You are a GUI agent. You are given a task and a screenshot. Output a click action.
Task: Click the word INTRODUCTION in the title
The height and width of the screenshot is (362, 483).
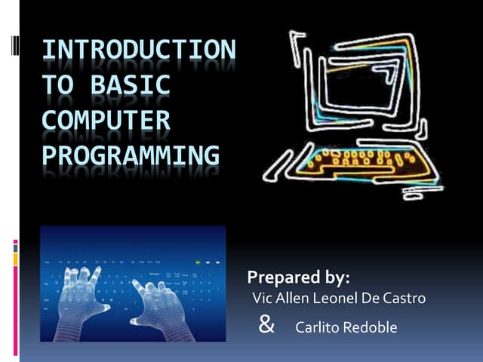click(x=138, y=51)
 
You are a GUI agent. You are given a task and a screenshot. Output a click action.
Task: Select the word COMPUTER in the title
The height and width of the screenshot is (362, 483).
click(x=106, y=120)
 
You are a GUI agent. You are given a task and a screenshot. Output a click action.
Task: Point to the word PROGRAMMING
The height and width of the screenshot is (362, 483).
click(x=130, y=155)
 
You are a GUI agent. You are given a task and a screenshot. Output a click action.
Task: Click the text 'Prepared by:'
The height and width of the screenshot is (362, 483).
click(x=298, y=276)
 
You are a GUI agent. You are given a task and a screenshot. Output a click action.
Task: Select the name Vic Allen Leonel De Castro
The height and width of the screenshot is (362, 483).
click(x=338, y=299)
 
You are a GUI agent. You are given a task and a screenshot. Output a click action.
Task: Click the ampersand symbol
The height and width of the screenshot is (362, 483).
click(x=266, y=325)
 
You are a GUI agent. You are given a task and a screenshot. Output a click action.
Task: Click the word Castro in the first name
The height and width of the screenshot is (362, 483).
click(x=405, y=299)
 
